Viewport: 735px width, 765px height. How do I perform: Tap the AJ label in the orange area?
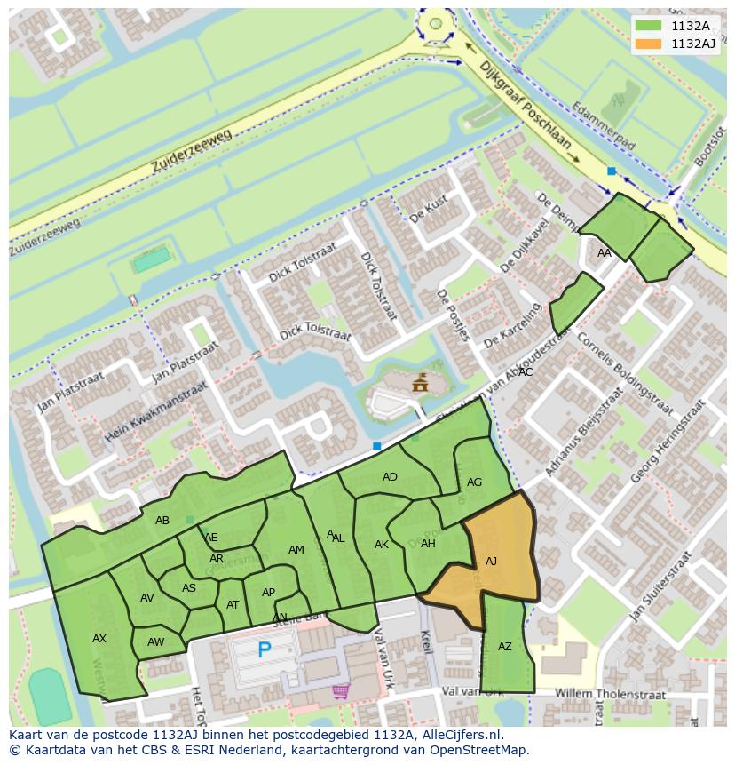click(491, 561)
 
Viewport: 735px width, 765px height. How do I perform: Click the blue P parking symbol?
click(264, 650)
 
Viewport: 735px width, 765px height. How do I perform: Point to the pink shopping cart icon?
click(340, 690)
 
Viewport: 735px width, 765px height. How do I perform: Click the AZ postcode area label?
click(504, 647)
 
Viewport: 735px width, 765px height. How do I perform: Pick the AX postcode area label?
click(99, 638)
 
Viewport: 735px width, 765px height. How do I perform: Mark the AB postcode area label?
click(162, 521)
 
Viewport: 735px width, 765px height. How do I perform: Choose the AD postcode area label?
click(390, 477)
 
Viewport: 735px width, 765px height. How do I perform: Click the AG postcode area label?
click(474, 482)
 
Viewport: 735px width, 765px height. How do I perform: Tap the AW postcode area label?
click(156, 642)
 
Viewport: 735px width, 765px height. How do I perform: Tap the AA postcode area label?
click(605, 253)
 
